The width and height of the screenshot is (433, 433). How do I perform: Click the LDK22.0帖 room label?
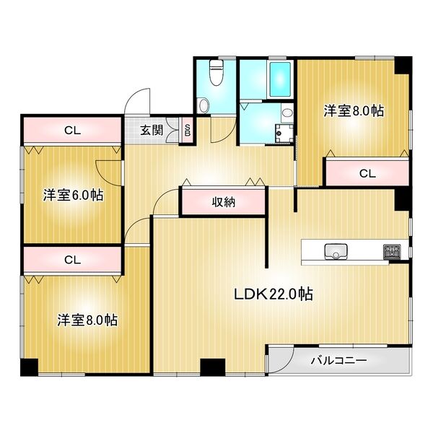pos(272,294)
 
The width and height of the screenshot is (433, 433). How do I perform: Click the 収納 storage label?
pos(224,202)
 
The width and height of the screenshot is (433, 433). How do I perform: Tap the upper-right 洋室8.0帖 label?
pos(353,111)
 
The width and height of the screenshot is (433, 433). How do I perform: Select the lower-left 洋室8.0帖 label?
pos(88,320)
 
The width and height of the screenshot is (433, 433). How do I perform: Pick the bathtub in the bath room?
pos(279,82)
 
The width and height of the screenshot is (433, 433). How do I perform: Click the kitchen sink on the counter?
pos(336,252)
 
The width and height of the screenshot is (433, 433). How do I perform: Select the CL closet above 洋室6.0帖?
pos(71,131)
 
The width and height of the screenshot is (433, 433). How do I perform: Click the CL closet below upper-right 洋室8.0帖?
pos(367,173)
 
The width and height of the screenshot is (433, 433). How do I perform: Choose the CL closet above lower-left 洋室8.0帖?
pos(71,259)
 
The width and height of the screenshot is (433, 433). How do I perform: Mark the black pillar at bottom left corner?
pos(27,367)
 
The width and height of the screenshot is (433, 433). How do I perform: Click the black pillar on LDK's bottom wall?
pos(210,368)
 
